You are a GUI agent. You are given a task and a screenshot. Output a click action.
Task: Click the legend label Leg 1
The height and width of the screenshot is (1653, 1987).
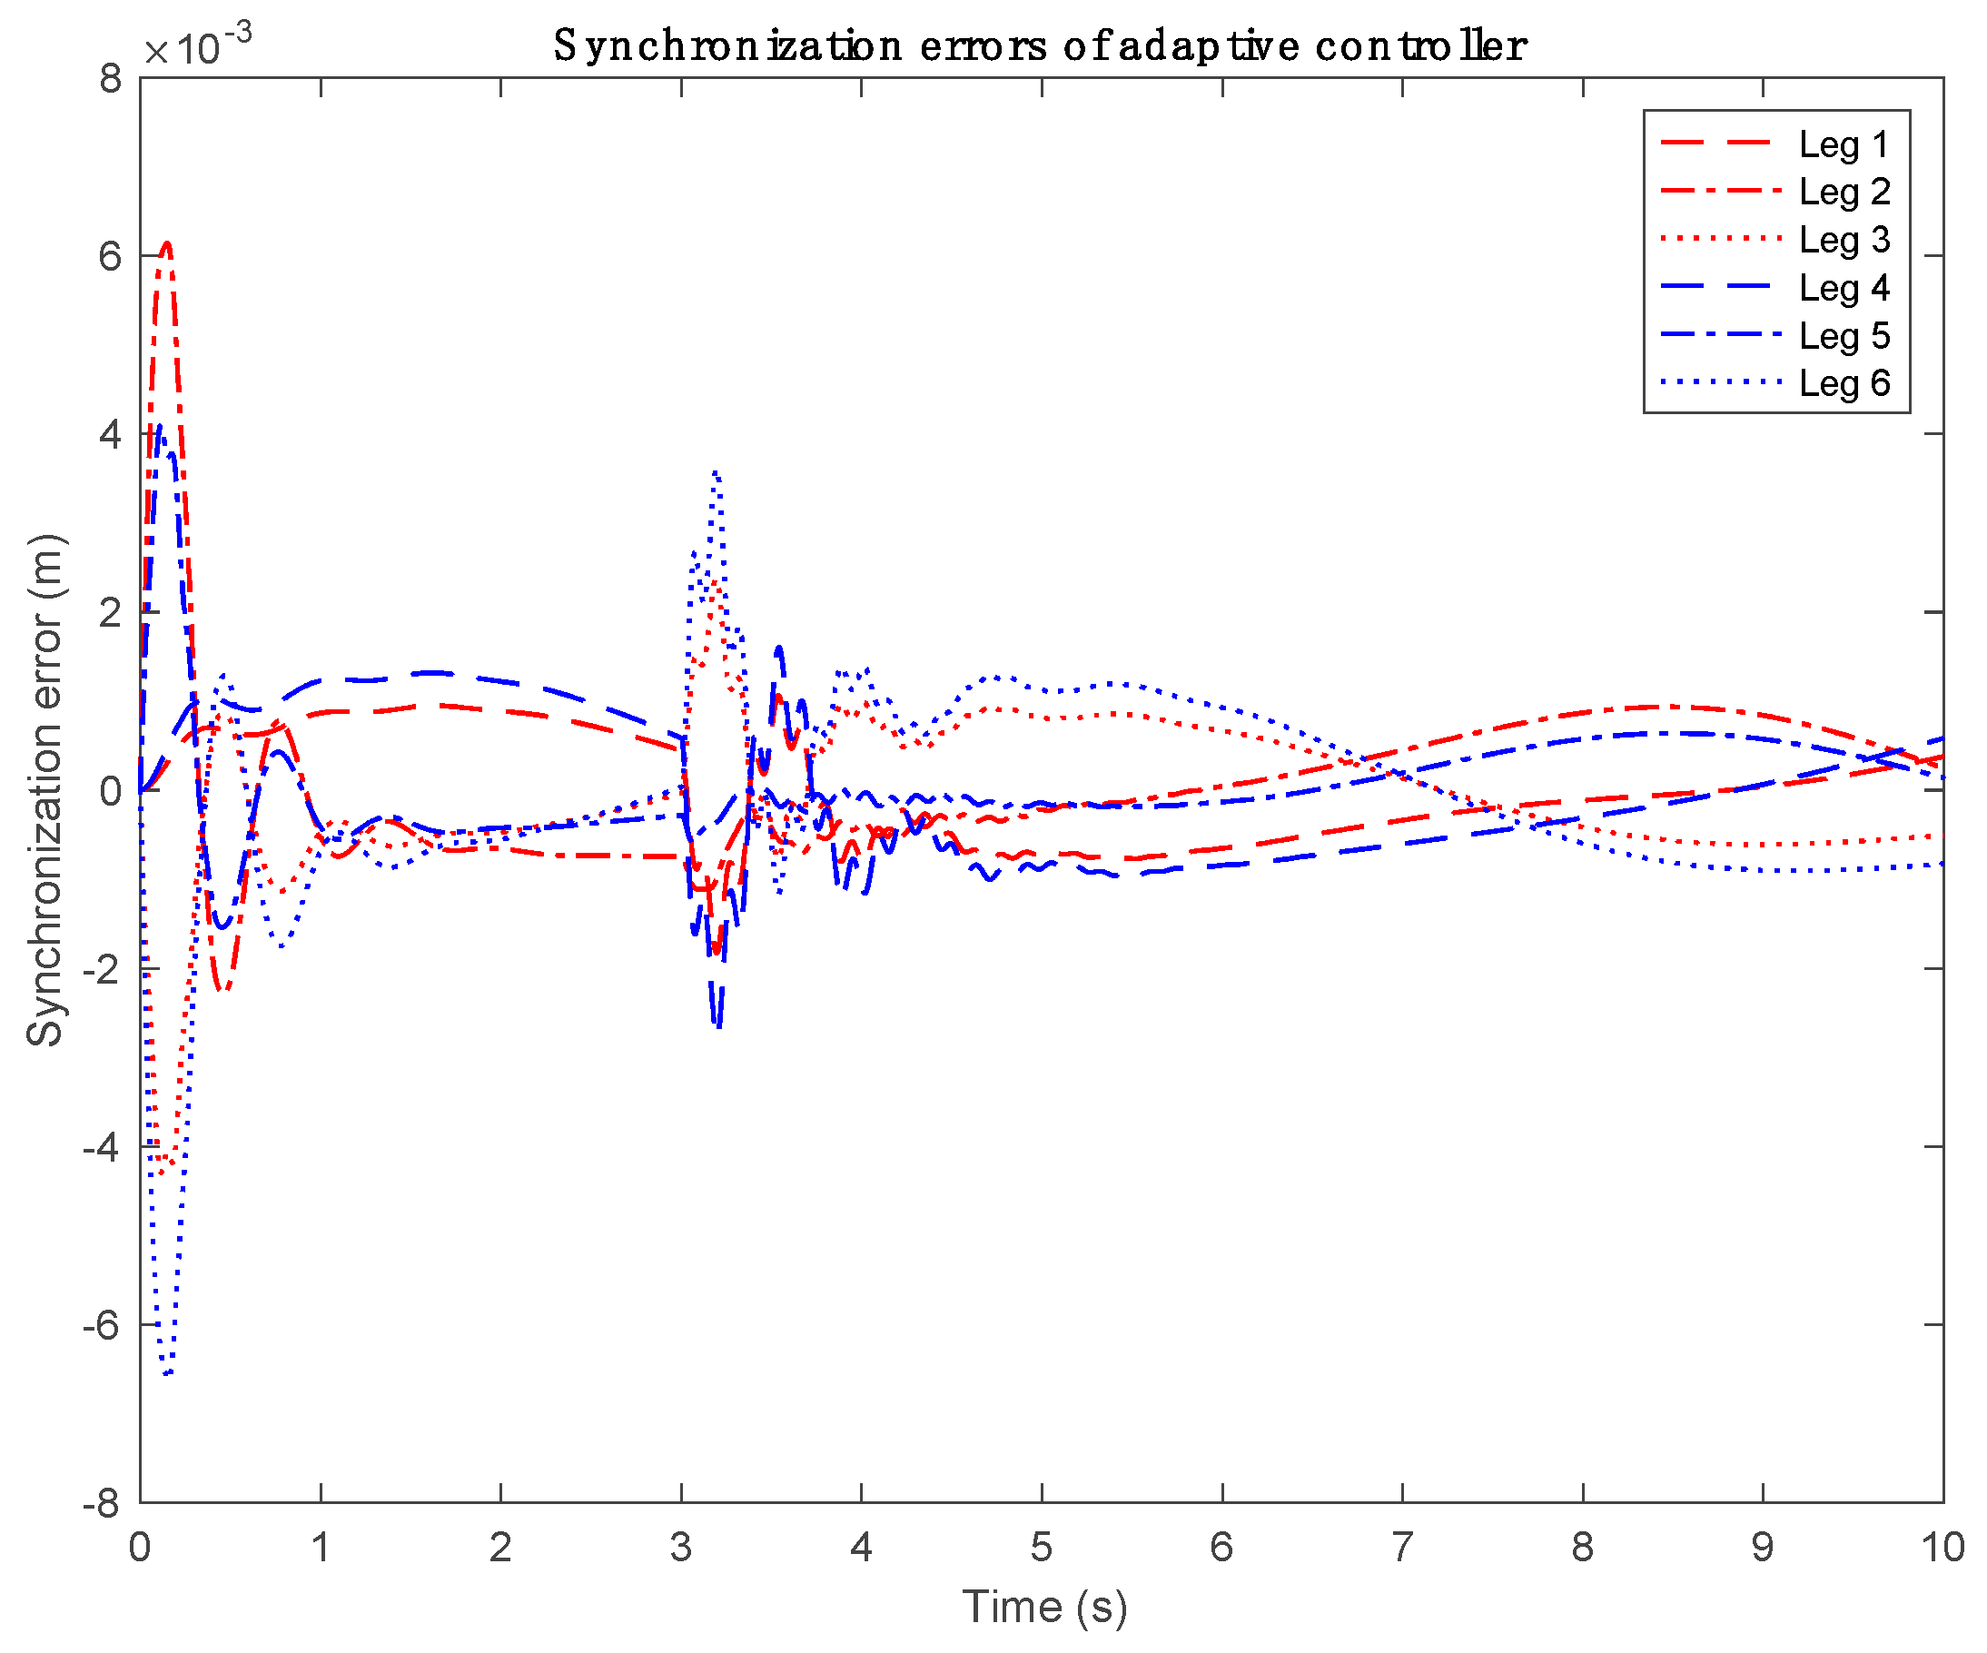[x=1844, y=144]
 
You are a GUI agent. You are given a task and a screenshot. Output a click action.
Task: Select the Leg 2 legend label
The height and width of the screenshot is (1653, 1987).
[x=1844, y=192]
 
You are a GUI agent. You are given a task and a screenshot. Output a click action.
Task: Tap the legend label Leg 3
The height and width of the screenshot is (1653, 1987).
[x=1844, y=241]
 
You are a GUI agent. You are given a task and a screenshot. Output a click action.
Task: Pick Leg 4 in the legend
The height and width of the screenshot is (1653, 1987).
[x=1844, y=289]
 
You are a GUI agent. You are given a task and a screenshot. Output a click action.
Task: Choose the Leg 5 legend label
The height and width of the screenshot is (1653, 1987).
[x=1844, y=336]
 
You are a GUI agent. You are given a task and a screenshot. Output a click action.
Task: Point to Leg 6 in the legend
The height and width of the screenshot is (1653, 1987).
[x=1844, y=383]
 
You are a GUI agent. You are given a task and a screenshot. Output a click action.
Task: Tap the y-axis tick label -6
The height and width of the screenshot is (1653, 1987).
[x=103, y=1326]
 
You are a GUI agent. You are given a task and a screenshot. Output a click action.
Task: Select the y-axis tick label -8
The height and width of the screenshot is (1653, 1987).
[x=103, y=1503]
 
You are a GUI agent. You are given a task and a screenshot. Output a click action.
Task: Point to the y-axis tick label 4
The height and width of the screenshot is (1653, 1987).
[x=111, y=435]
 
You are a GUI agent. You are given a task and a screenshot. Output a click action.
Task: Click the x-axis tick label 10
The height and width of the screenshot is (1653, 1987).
[x=1942, y=1549]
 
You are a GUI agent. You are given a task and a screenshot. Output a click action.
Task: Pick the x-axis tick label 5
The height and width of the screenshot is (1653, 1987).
[x=1041, y=1549]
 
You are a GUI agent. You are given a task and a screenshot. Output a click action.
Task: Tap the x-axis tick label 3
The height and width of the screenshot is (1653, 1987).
[x=680, y=1549]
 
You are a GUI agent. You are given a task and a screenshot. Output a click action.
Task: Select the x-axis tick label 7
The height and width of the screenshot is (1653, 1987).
[x=1401, y=1549]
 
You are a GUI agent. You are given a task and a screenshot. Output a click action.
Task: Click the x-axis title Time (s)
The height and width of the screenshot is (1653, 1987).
[x=1044, y=1608]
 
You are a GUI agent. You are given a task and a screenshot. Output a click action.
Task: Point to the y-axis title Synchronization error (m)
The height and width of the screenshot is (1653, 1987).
[x=44, y=791]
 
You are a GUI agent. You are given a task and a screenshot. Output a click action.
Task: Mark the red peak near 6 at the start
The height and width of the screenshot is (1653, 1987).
[x=166, y=244]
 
